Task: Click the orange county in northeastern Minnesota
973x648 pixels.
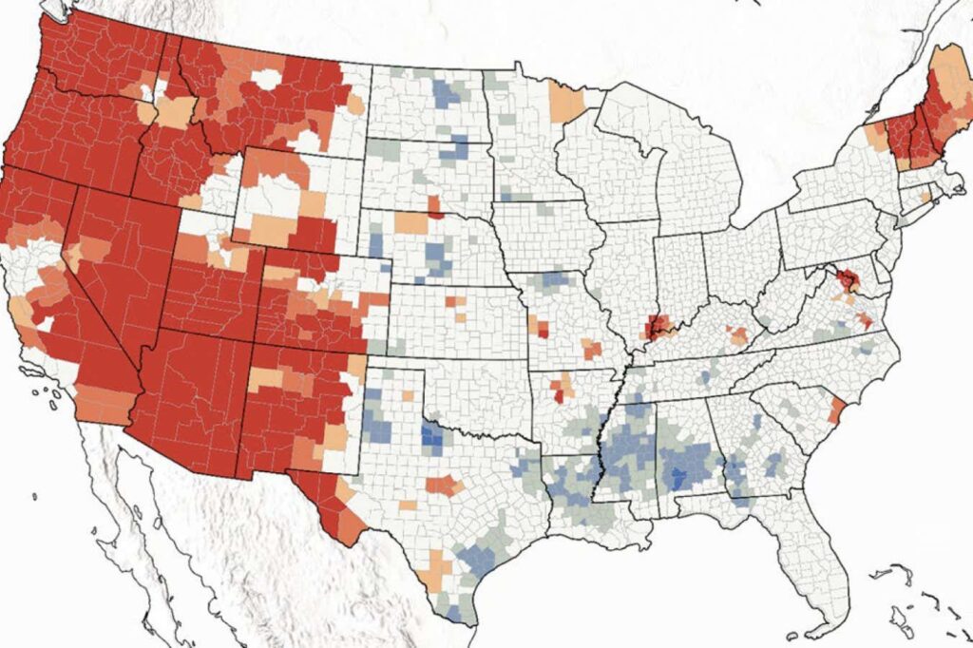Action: tap(567, 104)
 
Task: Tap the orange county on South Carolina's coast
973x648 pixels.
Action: tap(836, 410)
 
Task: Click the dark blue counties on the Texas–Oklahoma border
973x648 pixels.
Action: tap(431, 438)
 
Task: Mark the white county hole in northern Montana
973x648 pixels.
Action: tap(267, 79)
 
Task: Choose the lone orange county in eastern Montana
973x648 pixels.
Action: tap(354, 103)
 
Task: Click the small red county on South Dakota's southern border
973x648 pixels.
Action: tap(434, 206)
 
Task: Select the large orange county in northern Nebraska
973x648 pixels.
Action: tap(412, 223)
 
